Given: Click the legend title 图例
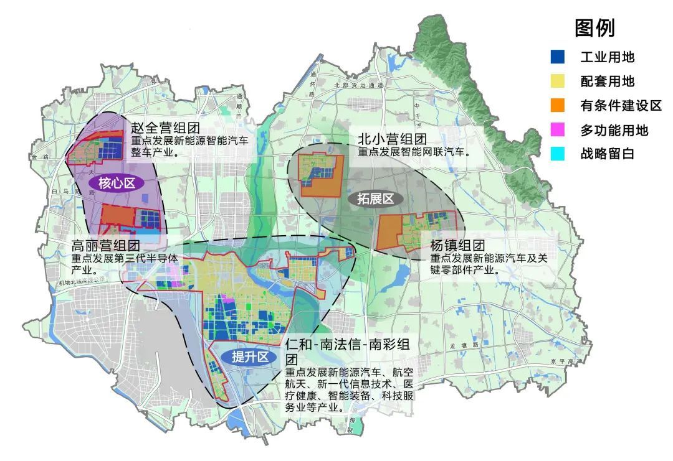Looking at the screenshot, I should pyautogui.click(x=594, y=28).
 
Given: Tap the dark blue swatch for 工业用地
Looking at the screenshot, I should pyautogui.click(x=558, y=57).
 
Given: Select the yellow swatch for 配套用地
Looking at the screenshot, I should pyautogui.click(x=558, y=81).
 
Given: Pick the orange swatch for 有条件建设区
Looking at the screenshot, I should pyautogui.click(x=558, y=105).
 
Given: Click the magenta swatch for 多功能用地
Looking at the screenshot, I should pyautogui.click(x=558, y=129).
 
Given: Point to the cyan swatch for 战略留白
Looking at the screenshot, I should pyautogui.click(x=558, y=154).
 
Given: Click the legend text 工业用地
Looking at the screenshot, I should pyautogui.click(x=607, y=57).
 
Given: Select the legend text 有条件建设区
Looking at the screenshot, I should pyautogui.click(x=620, y=105).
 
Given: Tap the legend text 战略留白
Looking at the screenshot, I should pyautogui.click(x=607, y=154).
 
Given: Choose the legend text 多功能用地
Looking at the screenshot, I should pyautogui.click(x=614, y=129).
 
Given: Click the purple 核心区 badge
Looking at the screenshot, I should pyautogui.click(x=117, y=182).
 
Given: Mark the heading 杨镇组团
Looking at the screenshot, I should pyautogui.click(x=457, y=244).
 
